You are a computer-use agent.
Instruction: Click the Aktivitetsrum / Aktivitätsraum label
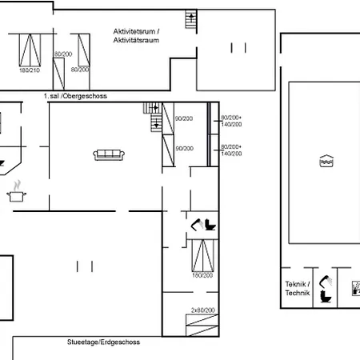(x=136, y=36)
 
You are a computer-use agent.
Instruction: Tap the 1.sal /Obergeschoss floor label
(x=75, y=95)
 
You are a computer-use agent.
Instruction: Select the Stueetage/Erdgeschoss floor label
(x=103, y=342)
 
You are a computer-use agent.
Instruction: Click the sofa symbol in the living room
(x=107, y=154)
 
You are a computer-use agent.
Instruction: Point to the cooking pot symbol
(x=15, y=193)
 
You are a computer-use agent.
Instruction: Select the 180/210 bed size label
(x=29, y=70)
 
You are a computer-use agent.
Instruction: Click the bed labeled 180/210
(x=30, y=50)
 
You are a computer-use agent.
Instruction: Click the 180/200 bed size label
(x=202, y=275)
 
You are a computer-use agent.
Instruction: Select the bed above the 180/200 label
(x=202, y=255)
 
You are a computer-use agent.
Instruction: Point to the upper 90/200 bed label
(x=184, y=118)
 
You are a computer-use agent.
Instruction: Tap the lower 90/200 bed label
(x=184, y=148)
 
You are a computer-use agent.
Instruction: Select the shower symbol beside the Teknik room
(x=326, y=281)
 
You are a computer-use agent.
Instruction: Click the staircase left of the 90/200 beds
(x=154, y=118)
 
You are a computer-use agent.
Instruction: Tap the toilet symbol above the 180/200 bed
(x=210, y=224)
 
